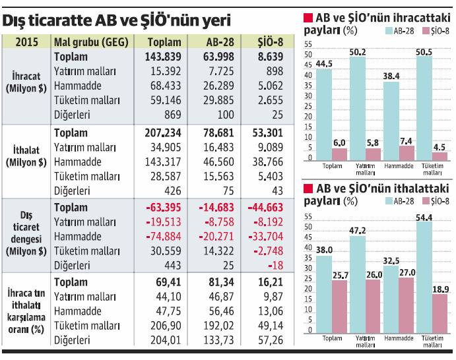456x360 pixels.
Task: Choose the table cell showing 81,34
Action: [x=215, y=282]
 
